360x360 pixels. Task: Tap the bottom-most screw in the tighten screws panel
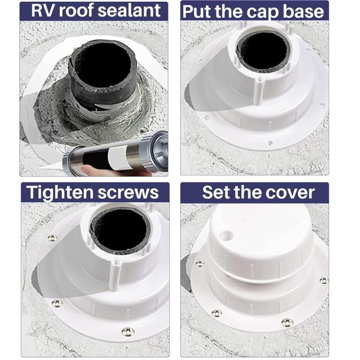tap(128, 332)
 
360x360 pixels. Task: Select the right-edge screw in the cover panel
tap(324, 280)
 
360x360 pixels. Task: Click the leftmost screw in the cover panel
tap(199, 264)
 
